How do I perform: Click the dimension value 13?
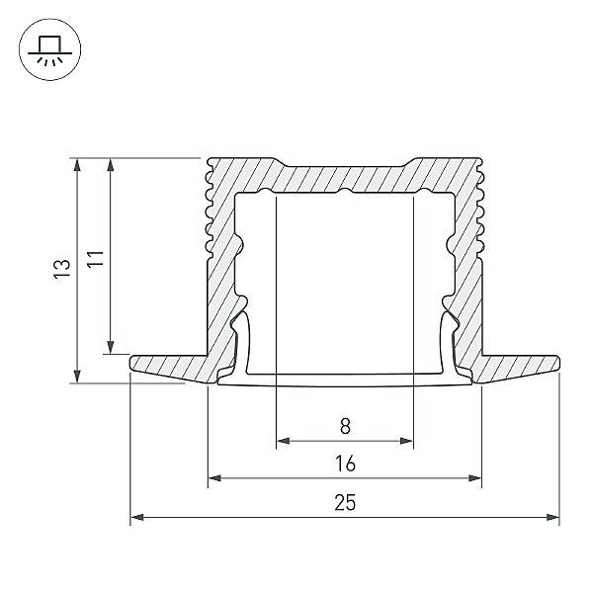click(62, 268)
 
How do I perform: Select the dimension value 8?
click(344, 427)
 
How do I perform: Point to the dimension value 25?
click(344, 502)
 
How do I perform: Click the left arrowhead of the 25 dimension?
click(137, 516)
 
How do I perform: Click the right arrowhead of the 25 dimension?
click(552, 516)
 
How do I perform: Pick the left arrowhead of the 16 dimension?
click(214, 479)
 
